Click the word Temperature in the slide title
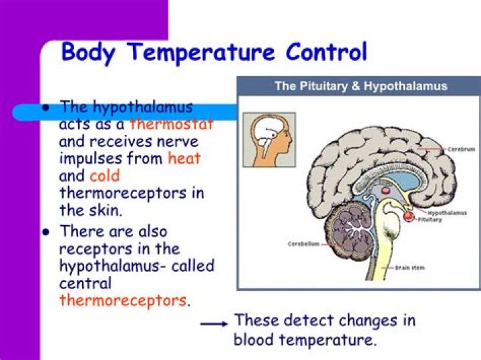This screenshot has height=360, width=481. coord(194,52)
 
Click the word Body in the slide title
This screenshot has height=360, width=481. coord(86,52)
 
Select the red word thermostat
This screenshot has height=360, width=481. coord(172,124)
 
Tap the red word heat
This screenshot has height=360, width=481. coord(184,159)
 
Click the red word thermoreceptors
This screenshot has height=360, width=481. coord(123,301)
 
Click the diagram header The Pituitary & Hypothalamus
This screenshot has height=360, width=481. coord(361,86)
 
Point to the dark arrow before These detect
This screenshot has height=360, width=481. coord(214,323)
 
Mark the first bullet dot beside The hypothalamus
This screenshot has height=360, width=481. coord(46,107)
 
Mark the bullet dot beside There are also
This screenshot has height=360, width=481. coord(46,232)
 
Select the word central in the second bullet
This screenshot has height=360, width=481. coord(85,283)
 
